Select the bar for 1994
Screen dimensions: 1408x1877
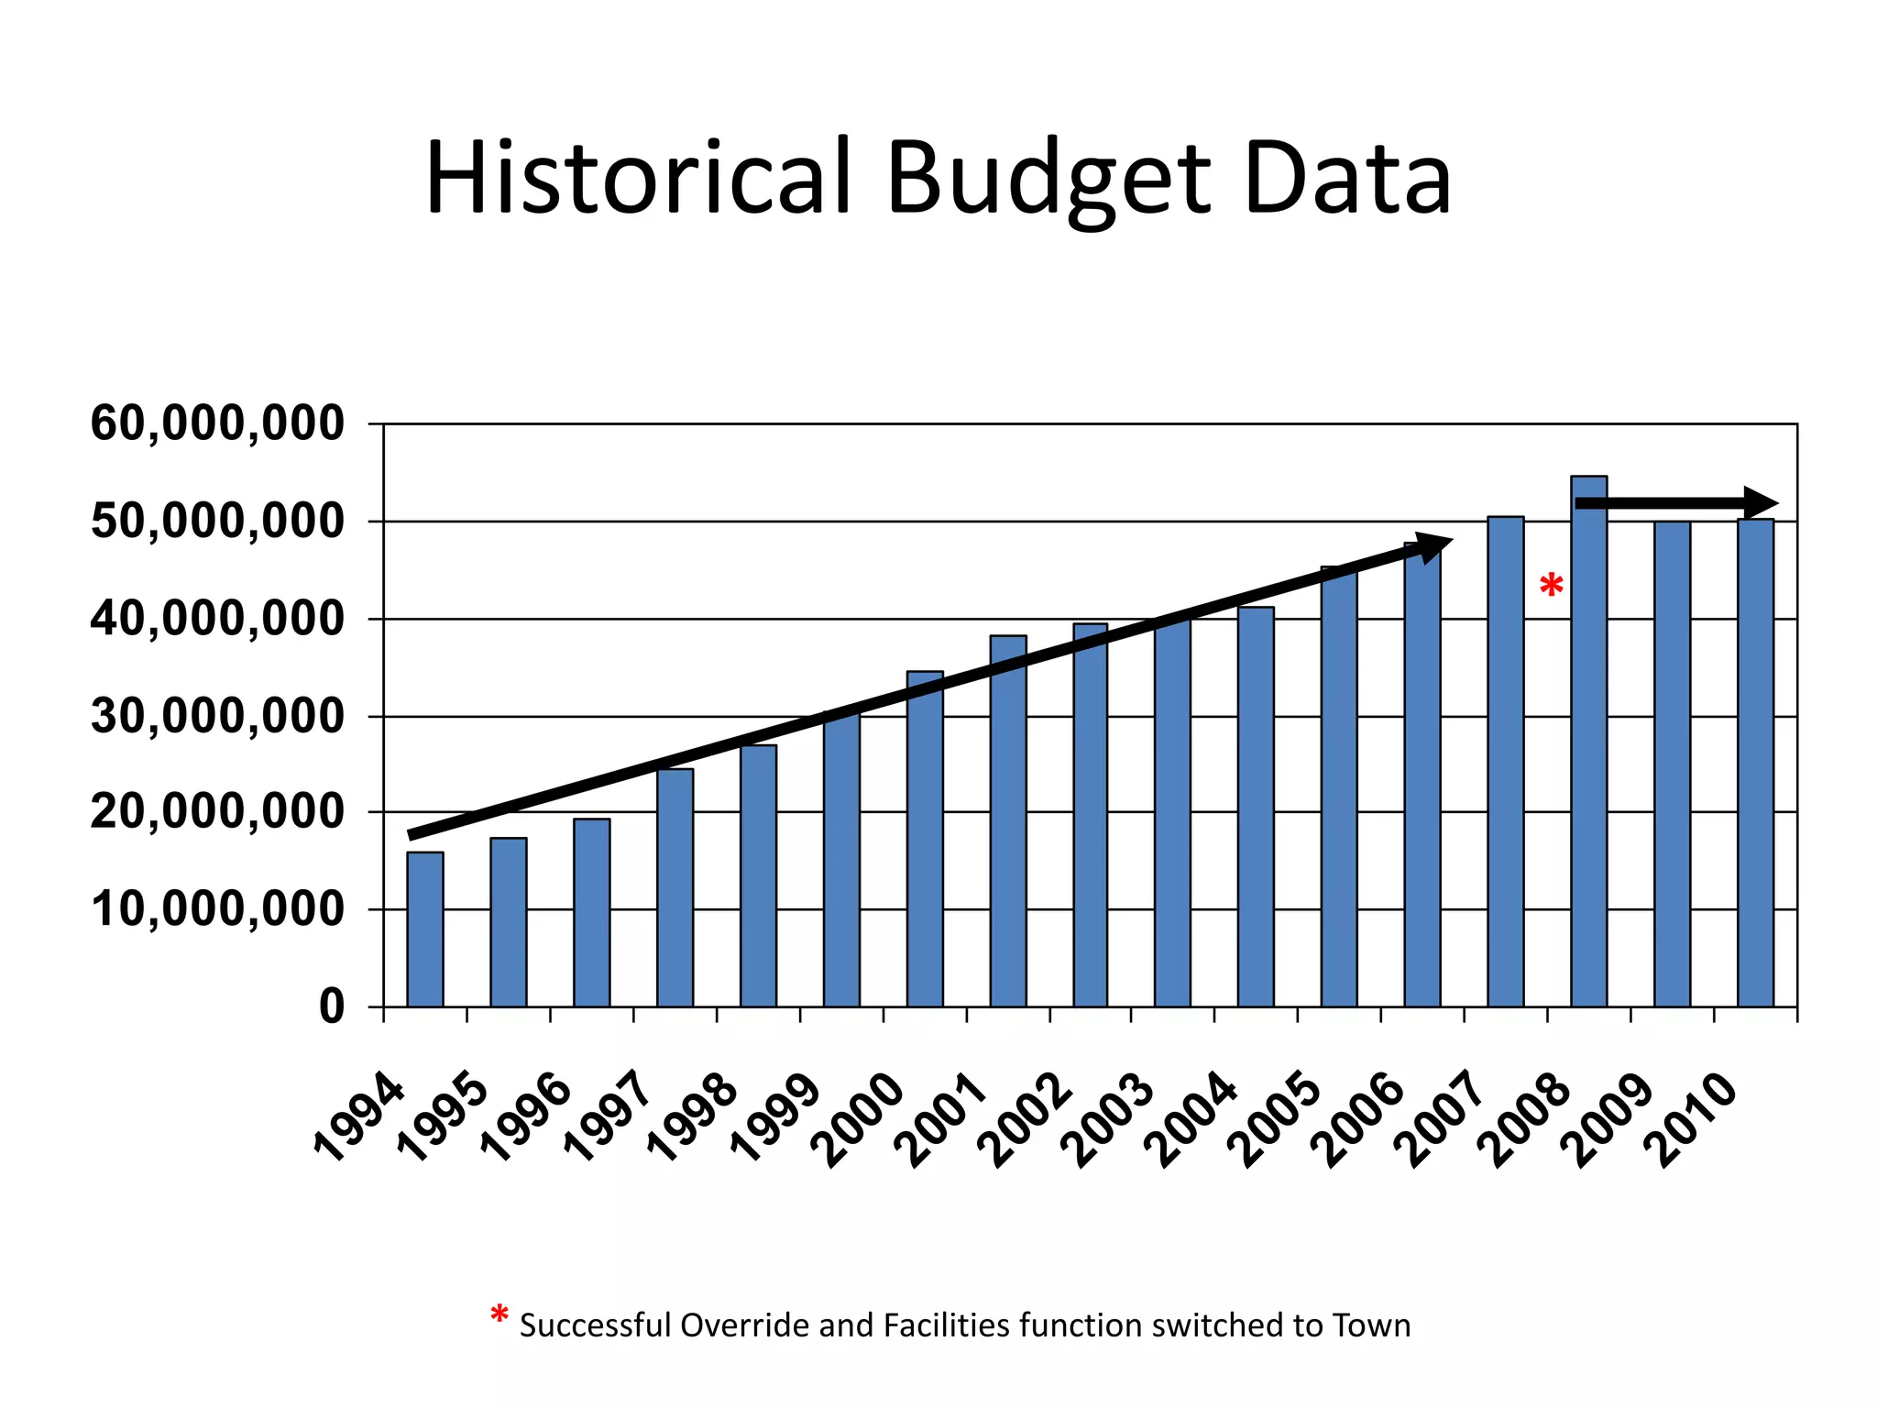click(425, 929)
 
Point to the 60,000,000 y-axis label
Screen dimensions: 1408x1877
click(217, 424)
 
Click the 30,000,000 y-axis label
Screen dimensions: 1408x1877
click(217, 716)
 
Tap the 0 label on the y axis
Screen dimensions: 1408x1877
click(332, 1006)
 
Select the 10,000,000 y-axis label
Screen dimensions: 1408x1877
click(217, 909)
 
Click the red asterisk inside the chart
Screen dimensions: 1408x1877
click(1551, 585)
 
